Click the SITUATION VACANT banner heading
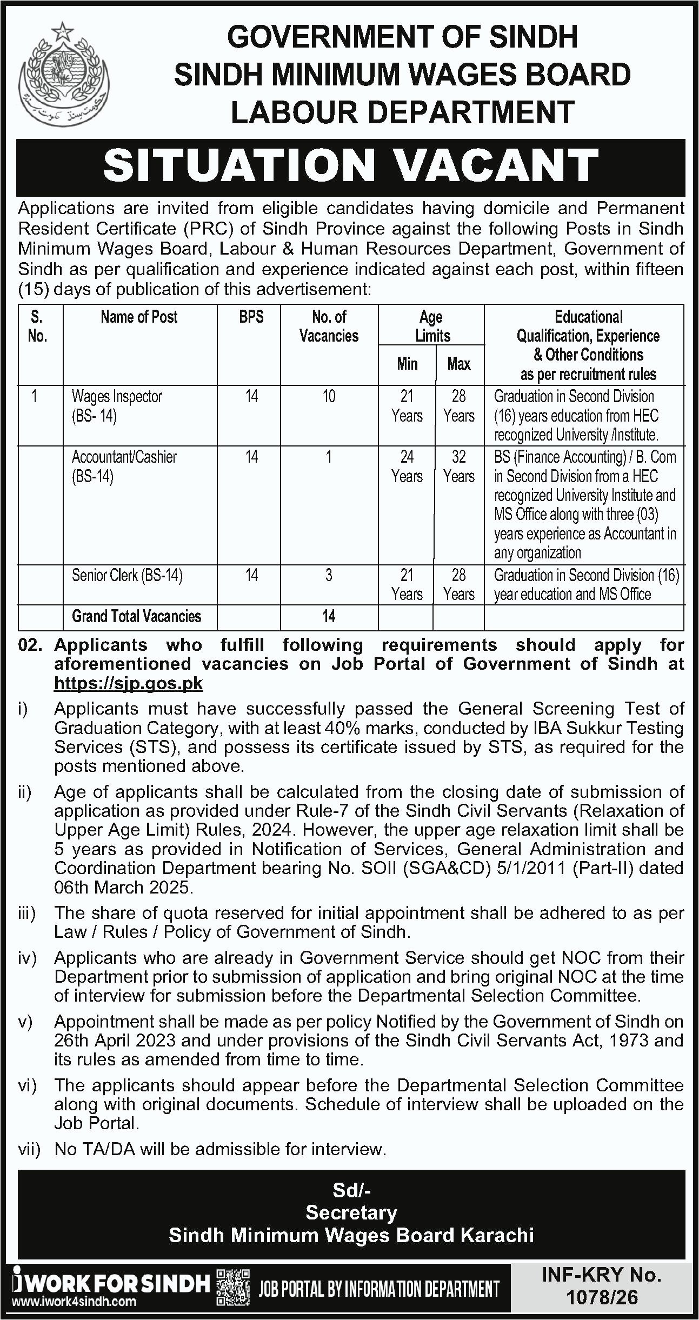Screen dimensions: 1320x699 click(x=350, y=165)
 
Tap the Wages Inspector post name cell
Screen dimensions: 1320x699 click(x=117, y=405)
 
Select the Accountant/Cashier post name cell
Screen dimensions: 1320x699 click(x=124, y=466)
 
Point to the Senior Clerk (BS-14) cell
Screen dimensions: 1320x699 click(x=127, y=575)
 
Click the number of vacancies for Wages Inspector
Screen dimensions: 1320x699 click(x=329, y=397)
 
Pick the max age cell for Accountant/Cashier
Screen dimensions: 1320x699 click(x=458, y=466)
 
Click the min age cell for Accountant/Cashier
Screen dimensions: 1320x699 click(x=407, y=466)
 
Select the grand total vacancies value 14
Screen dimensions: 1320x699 click(x=329, y=616)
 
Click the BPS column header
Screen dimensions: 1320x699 click(x=251, y=317)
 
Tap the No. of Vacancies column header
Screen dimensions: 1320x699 click(x=329, y=326)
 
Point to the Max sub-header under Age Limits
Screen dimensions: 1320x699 click(x=458, y=364)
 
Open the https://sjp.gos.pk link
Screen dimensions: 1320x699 click(x=128, y=683)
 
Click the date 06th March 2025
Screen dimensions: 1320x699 click(x=123, y=887)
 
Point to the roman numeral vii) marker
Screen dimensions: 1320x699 click(x=30, y=1149)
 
